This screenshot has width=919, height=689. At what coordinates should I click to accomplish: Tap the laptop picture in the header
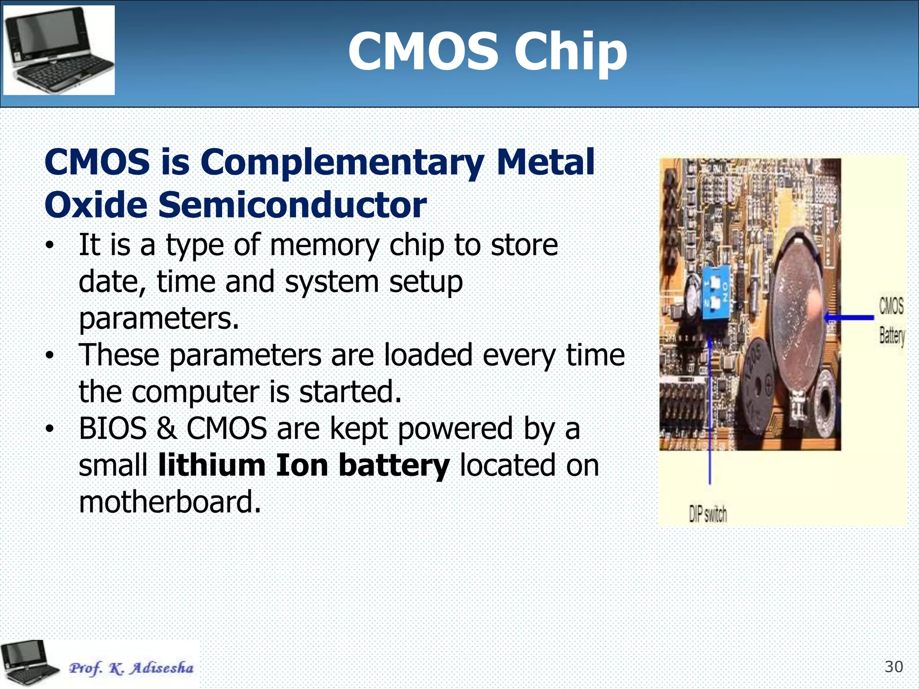point(59,50)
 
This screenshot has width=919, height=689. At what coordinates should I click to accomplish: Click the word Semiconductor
point(292,205)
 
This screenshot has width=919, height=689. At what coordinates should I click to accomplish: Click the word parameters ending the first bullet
point(158,318)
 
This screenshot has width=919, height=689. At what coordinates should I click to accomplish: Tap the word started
point(350,392)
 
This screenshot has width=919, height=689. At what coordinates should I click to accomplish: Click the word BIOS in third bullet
point(113,428)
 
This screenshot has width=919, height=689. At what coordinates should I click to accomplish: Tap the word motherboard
point(169,502)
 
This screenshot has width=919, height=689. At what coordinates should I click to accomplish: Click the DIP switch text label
point(708,514)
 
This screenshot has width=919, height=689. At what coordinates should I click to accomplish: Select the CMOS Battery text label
point(891,321)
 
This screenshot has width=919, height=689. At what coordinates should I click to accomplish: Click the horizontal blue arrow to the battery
point(849,318)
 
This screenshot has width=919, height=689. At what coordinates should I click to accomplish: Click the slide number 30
point(893,667)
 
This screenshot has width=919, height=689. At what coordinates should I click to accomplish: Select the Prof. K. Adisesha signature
point(131,668)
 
